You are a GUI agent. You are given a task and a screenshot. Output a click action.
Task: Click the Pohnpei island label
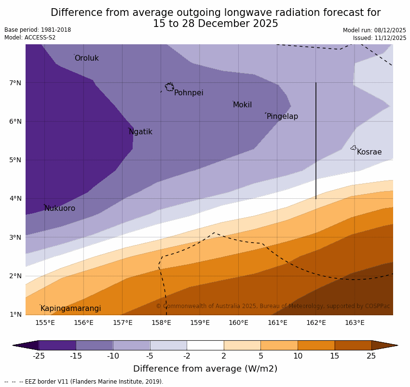click(188, 93)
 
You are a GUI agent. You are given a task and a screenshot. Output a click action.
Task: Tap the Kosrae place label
click(369, 152)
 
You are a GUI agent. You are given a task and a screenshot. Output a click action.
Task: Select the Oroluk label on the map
click(86, 58)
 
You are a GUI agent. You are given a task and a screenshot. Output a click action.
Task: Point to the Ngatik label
click(140, 132)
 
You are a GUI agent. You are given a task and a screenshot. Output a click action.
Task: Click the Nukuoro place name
click(60, 208)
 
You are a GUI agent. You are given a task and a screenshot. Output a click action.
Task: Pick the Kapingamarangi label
click(70, 309)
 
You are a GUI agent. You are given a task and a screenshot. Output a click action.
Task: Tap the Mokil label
click(242, 105)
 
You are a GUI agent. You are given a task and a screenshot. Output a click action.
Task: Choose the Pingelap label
click(282, 116)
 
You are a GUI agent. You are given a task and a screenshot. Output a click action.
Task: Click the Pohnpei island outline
click(169, 87)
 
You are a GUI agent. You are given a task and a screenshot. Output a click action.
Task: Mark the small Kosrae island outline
click(354, 148)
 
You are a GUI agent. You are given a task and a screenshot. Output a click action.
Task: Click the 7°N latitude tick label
click(15, 83)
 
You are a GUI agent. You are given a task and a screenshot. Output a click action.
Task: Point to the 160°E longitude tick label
click(238, 322)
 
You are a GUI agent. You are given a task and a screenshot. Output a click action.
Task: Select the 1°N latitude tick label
click(15, 314)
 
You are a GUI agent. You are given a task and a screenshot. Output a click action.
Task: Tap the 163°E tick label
click(355, 322)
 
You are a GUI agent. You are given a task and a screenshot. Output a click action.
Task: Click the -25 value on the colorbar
click(39, 356)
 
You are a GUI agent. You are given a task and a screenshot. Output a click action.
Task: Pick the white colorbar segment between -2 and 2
click(205, 345)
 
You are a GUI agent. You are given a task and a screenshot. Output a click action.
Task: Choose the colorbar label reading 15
click(335, 356)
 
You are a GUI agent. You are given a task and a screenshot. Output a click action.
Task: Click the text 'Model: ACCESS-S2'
click(30, 38)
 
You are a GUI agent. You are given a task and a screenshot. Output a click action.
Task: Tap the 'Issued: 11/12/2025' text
click(379, 38)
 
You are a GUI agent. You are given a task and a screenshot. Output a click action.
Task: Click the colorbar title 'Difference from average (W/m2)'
click(205, 369)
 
